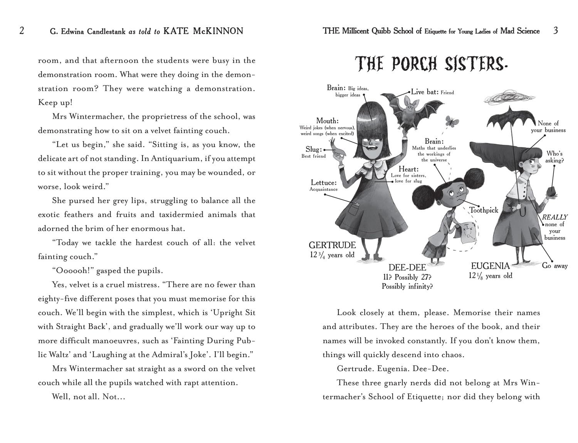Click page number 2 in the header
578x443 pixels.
point(22,30)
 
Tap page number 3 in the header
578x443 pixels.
point(555,30)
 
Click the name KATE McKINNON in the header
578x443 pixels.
point(203,31)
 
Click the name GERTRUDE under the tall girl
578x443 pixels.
point(332,245)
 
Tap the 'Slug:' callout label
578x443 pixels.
point(314,149)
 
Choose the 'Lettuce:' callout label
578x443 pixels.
point(324,183)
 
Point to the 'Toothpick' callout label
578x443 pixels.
point(484,210)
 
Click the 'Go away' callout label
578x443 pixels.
point(555,266)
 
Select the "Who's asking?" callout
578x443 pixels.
point(554,157)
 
